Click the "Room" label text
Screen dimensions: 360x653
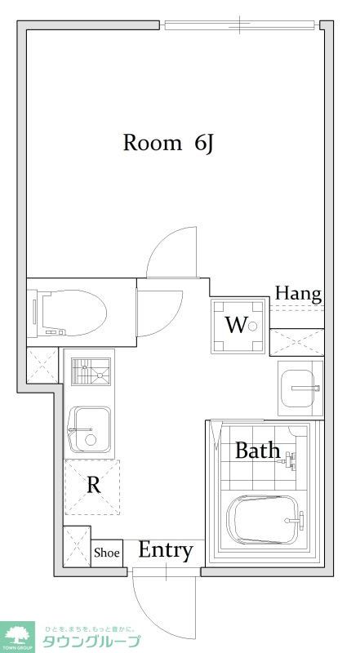tap(152, 143)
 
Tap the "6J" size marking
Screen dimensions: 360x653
tap(204, 144)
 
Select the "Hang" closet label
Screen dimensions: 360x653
tap(298, 295)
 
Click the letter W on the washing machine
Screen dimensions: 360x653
tap(236, 325)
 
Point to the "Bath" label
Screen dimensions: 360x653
tap(257, 451)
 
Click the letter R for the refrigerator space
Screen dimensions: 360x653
tap(93, 485)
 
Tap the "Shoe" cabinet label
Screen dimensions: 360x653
tap(107, 553)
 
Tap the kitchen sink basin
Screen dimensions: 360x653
tap(90, 430)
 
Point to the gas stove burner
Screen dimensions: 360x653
tap(91, 371)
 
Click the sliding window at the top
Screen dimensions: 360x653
tap(241, 25)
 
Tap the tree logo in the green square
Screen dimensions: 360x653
tap(17, 637)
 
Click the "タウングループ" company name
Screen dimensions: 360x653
tap(90, 642)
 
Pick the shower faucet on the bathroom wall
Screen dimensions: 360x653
tap(290, 460)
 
